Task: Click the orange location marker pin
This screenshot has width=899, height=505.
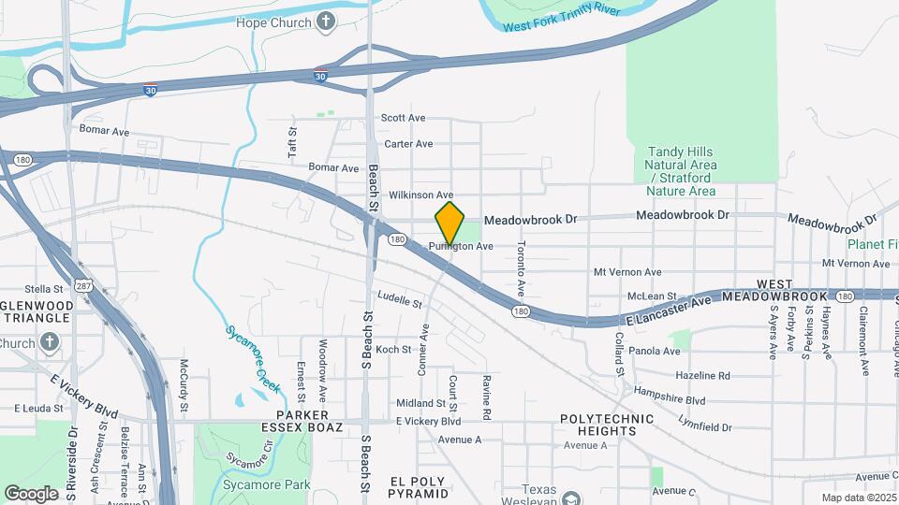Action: point(450,223)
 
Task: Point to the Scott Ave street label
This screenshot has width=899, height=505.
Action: point(403,118)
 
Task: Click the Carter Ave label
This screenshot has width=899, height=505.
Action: point(408,144)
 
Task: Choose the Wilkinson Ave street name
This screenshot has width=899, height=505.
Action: point(420,195)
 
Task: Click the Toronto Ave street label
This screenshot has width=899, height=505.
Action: point(522,264)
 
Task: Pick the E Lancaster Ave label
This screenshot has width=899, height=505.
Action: point(670,308)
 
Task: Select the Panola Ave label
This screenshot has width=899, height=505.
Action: point(655,352)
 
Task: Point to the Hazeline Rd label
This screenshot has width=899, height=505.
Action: point(702,376)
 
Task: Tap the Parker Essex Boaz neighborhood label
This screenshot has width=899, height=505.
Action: point(309,421)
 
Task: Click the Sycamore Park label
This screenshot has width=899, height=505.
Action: point(254,485)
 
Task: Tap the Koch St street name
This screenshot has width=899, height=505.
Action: point(393,350)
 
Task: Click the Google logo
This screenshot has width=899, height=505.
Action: point(31,493)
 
